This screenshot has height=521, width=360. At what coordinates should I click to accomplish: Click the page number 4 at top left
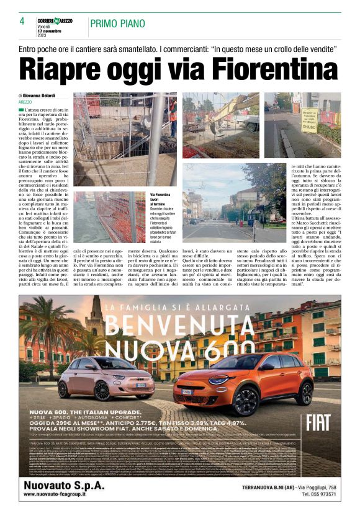point(22,21)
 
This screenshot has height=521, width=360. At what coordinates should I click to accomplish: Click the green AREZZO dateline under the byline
point(25,101)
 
